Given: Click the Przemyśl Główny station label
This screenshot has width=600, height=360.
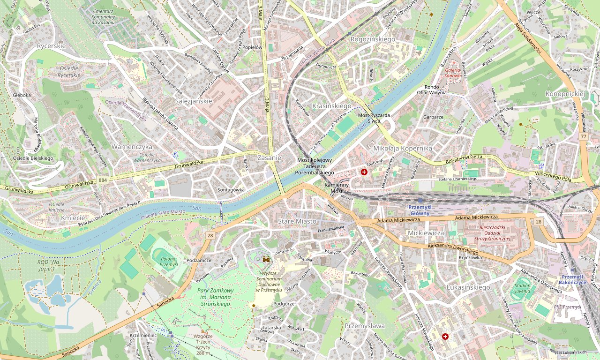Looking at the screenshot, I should pos(420,210).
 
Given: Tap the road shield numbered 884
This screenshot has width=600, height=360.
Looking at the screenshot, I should pos(103,180).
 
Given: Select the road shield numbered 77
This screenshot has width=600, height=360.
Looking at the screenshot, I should pos(583,136).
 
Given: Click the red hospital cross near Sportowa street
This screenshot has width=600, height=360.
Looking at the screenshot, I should pos(364,172).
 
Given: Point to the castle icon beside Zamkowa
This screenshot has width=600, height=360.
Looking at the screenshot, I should pos(267,259).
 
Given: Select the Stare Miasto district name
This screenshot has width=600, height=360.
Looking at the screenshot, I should pos(297,221).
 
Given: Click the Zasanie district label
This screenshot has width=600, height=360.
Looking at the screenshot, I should pos(269,158).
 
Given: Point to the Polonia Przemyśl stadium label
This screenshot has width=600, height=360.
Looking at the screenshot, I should pos(169,261).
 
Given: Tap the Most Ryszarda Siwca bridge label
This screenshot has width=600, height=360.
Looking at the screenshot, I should pos(374,118).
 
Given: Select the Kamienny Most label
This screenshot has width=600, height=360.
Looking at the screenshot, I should pos(337,188).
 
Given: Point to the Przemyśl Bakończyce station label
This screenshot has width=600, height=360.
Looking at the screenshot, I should pos(572,279).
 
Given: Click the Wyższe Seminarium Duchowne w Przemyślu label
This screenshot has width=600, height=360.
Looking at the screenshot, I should pos(269,281).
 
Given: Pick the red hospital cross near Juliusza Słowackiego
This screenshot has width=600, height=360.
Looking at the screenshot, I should pos(445,336).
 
